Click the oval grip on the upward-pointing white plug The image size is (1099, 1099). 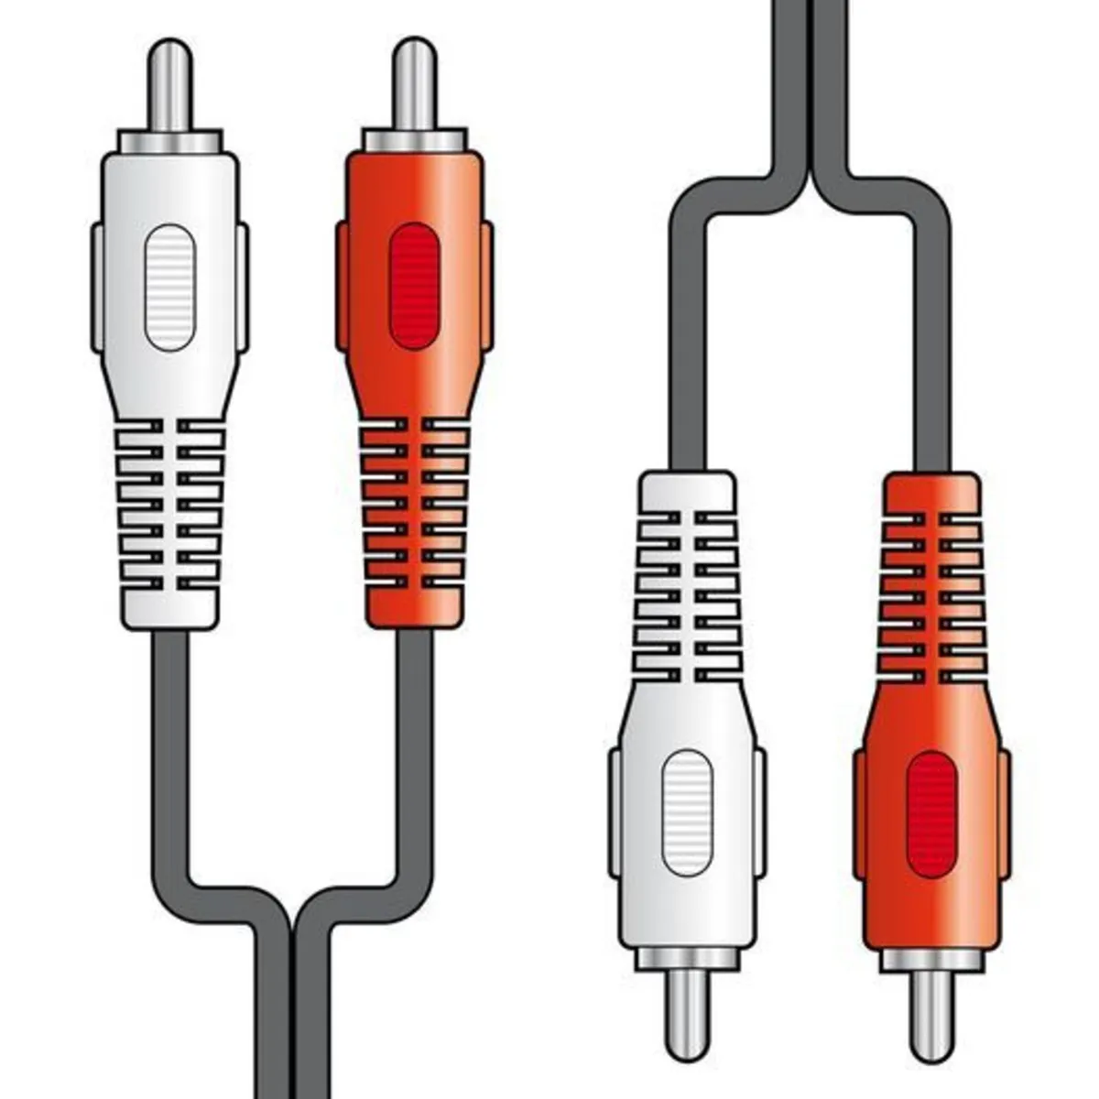[169, 287]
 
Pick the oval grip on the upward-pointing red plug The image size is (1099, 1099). [414, 287]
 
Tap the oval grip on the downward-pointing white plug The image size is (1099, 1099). [687, 812]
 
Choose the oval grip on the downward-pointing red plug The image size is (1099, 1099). [931, 814]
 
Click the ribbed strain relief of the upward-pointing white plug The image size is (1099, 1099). [169, 517]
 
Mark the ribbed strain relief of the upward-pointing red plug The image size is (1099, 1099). [414, 517]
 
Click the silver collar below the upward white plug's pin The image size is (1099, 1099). [170, 141]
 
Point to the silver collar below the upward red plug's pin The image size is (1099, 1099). [414, 141]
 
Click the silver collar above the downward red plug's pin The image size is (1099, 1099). [931, 960]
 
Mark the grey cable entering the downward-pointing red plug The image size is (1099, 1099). [931, 366]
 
